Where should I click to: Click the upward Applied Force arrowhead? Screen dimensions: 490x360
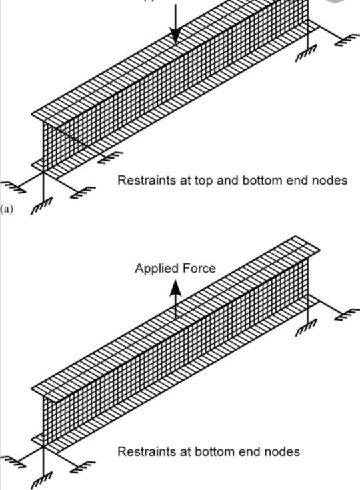tap(175, 287)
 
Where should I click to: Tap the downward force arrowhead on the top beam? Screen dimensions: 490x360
tap(175, 37)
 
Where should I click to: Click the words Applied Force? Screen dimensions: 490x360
tap(175, 269)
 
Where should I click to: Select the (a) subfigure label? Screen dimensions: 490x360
tap(7, 209)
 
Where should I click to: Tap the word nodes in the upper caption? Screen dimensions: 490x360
tap(329, 180)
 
